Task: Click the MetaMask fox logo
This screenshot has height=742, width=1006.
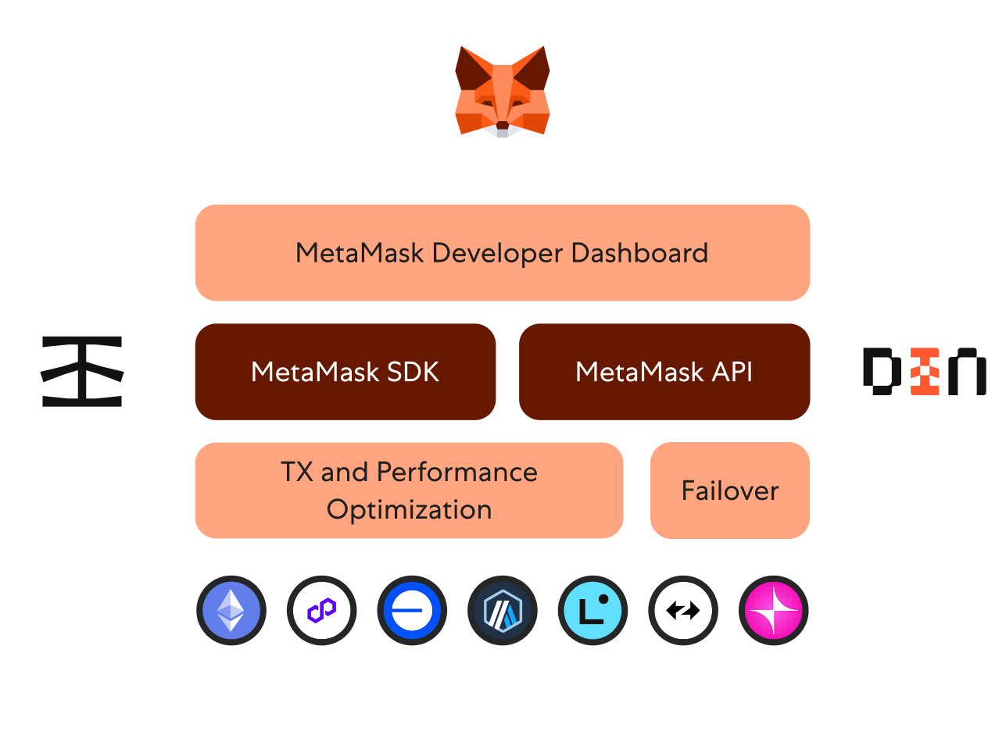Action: [503, 91]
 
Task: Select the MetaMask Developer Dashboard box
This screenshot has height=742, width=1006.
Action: [502, 252]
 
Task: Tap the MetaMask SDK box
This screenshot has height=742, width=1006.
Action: [345, 372]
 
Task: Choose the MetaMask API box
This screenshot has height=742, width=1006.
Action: [664, 372]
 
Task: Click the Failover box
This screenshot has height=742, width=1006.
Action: [729, 491]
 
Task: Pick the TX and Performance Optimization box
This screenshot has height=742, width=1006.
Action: [409, 491]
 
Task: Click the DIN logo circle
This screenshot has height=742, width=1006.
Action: [924, 372]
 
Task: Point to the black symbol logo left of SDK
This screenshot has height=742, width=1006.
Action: [82, 372]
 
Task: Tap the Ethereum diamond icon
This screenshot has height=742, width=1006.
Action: [231, 611]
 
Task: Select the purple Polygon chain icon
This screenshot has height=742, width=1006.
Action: [321, 611]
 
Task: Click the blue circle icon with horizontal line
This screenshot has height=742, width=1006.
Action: [412, 611]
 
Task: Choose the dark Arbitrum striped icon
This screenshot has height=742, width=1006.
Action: [502, 611]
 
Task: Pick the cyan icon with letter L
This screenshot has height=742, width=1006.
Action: [593, 611]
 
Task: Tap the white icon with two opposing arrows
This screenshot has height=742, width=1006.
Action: [683, 611]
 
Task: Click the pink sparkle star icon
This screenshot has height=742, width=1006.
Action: [773, 611]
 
